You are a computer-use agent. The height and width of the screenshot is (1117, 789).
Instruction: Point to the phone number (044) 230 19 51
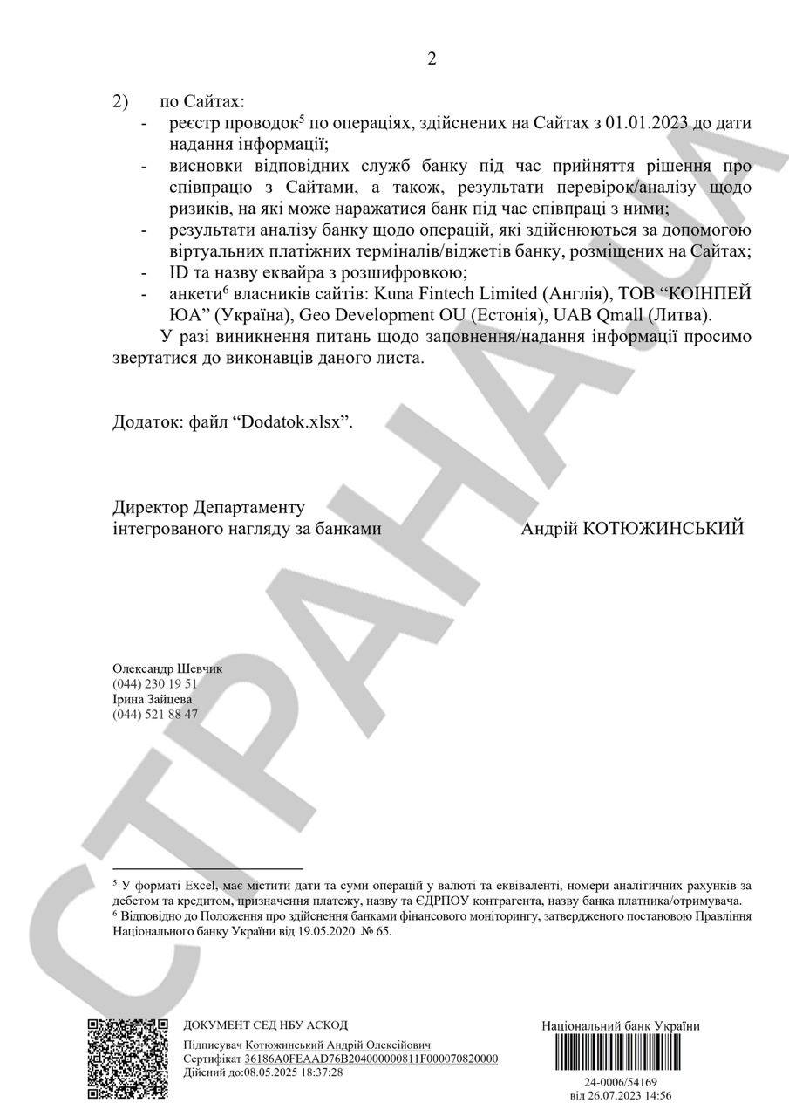(x=155, y=684)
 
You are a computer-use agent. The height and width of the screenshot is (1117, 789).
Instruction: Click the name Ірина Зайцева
(x=153, y=699)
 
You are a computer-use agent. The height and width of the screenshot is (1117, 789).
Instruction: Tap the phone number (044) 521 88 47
(x=155, y=714)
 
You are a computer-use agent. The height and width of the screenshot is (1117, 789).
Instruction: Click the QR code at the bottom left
(x=127, y=1058)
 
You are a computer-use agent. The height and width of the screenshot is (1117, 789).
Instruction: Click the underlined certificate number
(x=371, y=1059)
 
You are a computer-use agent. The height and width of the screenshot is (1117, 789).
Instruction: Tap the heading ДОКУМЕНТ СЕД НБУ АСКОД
(x=265, y=1025)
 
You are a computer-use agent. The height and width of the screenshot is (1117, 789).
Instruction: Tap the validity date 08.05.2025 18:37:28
(x=294, y=1072)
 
